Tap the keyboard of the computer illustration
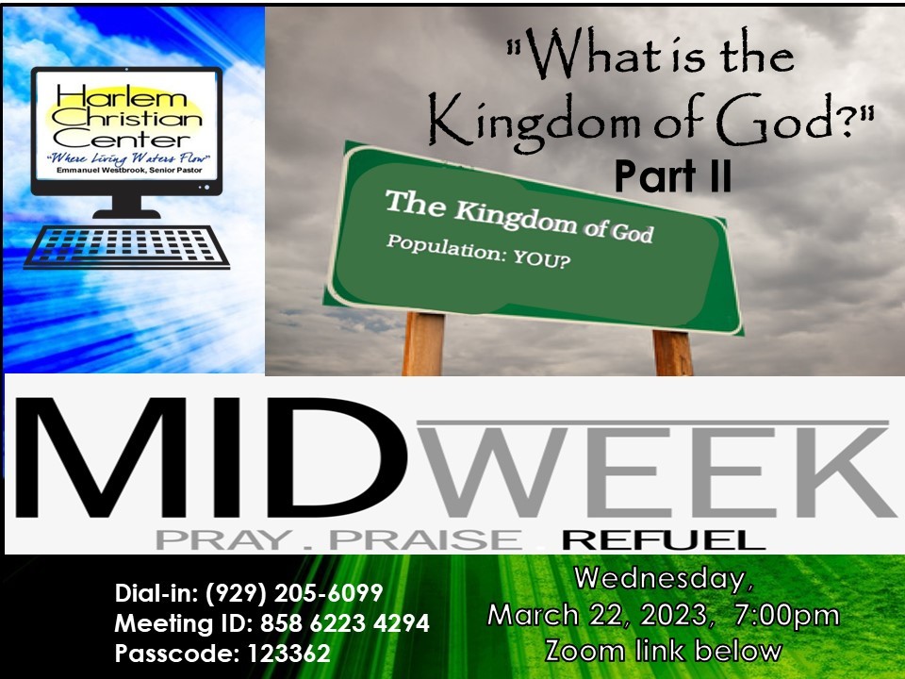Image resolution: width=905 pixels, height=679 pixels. click(126, 247)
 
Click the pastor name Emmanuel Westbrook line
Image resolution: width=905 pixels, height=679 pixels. click(129, 171)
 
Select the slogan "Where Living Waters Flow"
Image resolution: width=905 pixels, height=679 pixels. click(128, 157)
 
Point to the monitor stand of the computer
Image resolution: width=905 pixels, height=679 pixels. click(127, 207)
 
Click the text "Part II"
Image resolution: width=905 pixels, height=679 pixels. click(673, 176)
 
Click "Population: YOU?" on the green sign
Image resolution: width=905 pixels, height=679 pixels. click(479, 251)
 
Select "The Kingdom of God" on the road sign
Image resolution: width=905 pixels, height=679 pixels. click(518, 216)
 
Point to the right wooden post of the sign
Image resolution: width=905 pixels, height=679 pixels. click(673, 352)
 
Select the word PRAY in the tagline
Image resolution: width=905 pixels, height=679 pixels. click(223, 540)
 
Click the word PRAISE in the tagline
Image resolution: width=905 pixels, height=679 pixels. click(425, 540)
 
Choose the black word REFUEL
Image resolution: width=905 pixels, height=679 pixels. click(664, 540)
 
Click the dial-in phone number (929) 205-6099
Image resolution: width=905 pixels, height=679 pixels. click(294, 593)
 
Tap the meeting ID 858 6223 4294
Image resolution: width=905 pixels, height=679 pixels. click(345, 623)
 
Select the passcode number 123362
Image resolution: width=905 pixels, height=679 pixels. click(288, 654)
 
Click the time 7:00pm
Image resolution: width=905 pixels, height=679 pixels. click(787, 615)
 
